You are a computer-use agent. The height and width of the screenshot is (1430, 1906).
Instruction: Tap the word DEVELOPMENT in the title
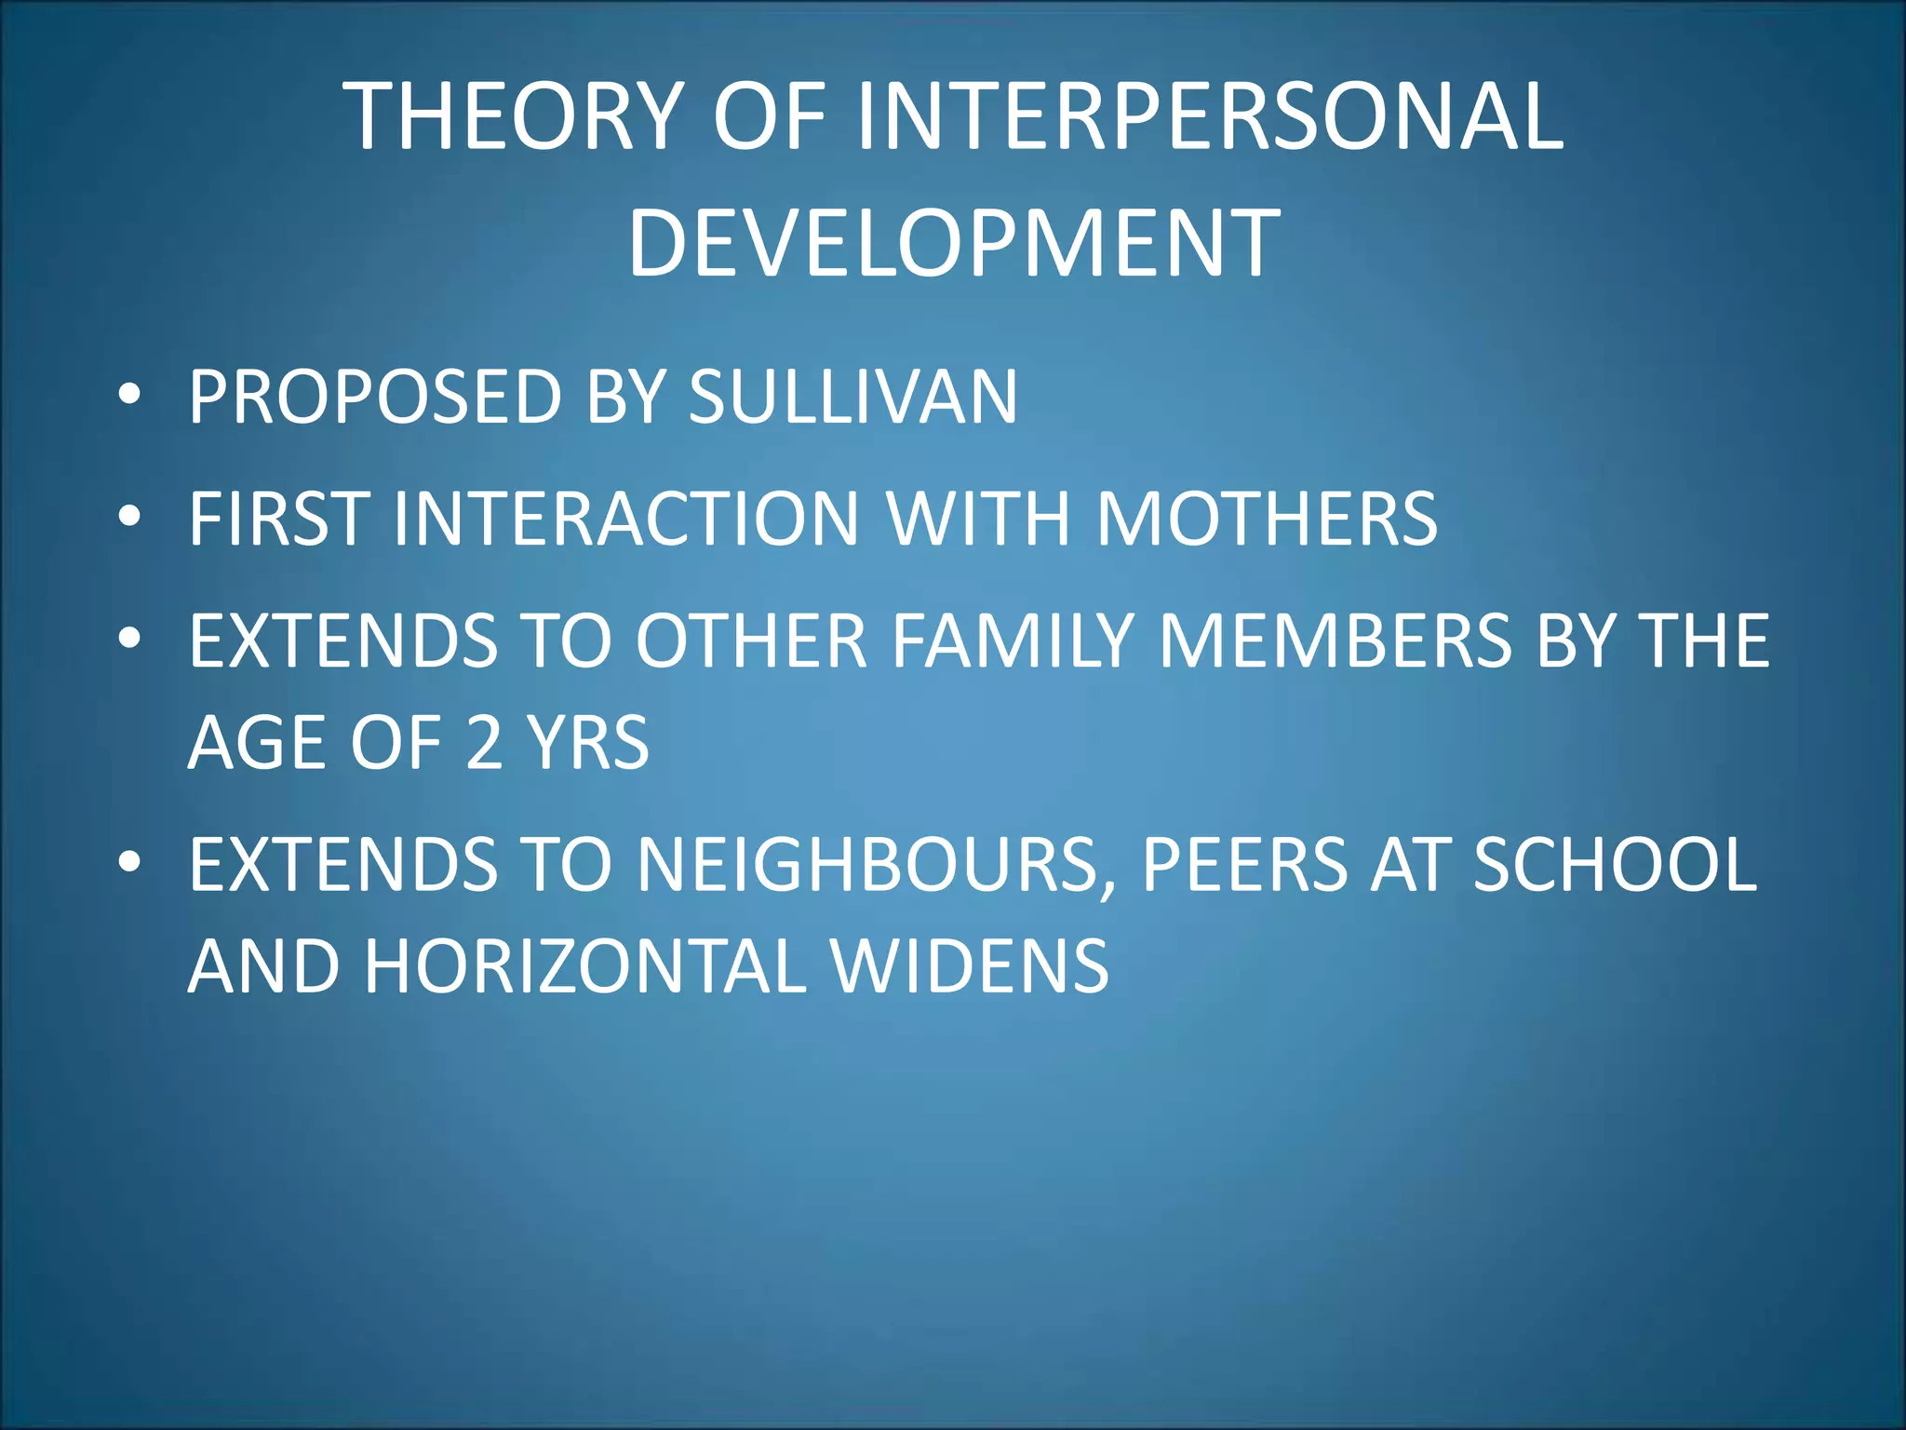click(x=954, y=244)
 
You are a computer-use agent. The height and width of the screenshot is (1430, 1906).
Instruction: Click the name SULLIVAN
click(x=852, y=398)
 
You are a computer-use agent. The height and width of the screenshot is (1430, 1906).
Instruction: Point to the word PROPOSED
click(x=375, y=398)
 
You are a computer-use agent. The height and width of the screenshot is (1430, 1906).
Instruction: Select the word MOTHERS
click(x=1267, y=519)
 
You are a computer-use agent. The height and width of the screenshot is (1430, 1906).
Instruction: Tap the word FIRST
click(x=277, y=519)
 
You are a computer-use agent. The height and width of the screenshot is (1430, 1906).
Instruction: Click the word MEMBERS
click(x=1335, y=641)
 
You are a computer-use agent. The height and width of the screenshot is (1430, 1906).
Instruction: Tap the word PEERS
click(x=1243, y=866)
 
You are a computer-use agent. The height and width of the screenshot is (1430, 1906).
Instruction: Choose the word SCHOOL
click(x=1616, y=866)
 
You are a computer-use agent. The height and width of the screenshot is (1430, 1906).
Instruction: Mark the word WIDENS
click(x=970, y=967)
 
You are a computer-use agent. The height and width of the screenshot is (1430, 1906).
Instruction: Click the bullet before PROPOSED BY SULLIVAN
click(x=129, y=395)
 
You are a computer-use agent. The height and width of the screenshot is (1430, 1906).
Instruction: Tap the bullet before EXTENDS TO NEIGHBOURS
click(x=129, y=863)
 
